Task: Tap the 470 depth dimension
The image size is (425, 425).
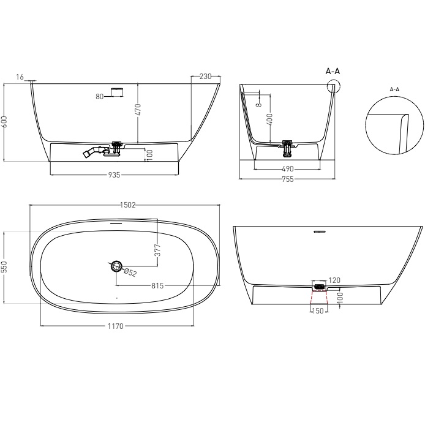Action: (x=138, y=110)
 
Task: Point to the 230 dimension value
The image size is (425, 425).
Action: (x=205, y=77)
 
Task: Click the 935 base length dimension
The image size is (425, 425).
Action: (x=113, y=175)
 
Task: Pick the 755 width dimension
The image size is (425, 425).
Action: (x=287, y=179)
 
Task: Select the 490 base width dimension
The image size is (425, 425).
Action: (x=288, y=168)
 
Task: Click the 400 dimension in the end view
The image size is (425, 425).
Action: (x=269, y=119)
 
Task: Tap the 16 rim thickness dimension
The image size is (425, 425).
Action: (x=20, y=77)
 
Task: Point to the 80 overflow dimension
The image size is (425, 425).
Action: (x=100, y=96)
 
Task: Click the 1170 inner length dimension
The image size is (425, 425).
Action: (x=116, y=326)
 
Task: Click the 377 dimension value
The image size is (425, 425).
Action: (x=157, y=249)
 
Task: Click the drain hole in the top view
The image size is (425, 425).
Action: (x=116, y=265)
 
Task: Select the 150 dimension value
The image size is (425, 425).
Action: (x=318, y=310)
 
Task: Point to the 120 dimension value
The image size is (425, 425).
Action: (x=334, y=280)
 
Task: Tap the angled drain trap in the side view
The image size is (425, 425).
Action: (x=93, y=152)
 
